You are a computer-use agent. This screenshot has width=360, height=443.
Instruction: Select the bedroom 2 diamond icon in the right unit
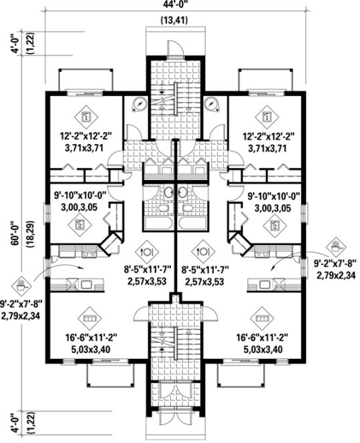275,225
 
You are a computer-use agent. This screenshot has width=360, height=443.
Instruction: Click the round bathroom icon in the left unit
140,103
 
